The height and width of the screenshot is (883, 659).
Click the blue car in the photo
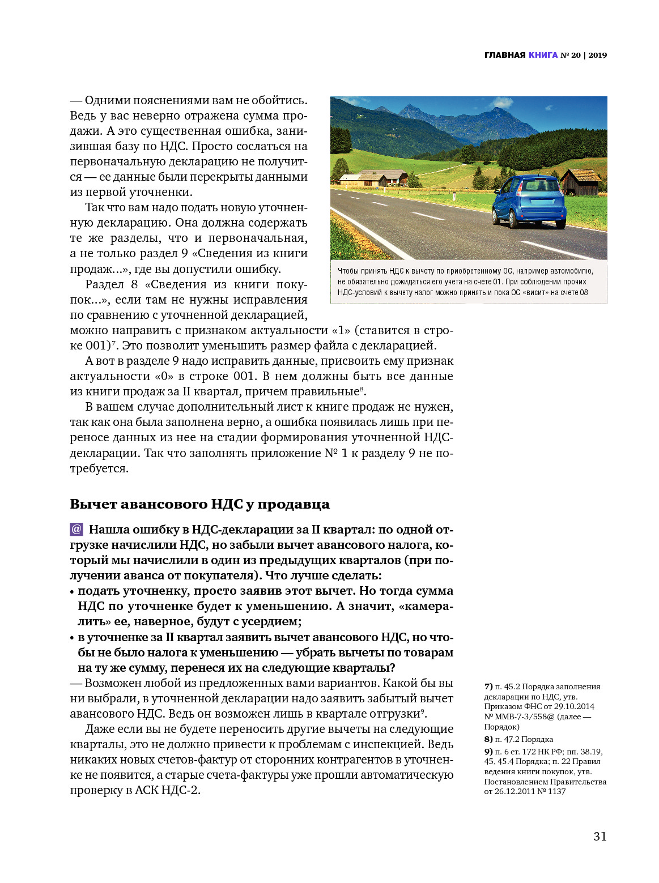529,202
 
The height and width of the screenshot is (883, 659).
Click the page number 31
600,837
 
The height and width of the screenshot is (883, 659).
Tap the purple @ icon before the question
76,530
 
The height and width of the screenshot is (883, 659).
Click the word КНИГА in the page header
543,55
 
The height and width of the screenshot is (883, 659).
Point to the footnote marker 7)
488,686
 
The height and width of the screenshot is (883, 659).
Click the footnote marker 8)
488,739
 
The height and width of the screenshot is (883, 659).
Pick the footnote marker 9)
488,752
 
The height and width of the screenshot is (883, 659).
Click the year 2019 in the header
597,55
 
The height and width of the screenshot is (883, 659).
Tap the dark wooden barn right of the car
580,182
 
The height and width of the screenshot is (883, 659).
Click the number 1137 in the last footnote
556,791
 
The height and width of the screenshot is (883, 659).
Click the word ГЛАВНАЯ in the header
505,55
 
